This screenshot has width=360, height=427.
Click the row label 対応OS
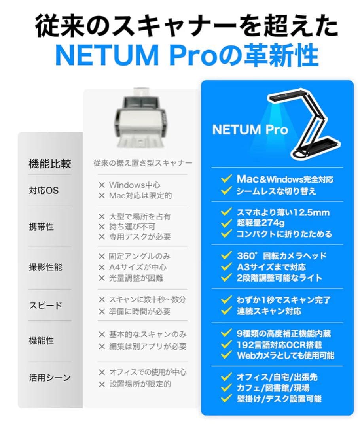[44, 190]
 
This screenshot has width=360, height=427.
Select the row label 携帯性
[41, 227]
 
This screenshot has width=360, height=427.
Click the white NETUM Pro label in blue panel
[250, 129]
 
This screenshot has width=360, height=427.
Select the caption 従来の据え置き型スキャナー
[143, 163]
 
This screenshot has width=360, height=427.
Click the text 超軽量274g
[260, 223]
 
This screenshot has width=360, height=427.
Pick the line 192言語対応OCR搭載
[279, 345]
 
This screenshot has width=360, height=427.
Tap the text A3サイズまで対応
[271, 267]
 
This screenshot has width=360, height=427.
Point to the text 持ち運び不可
[132, 227]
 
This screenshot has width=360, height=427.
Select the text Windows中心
[135, 185]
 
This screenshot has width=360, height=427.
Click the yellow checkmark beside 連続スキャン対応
[226, 311]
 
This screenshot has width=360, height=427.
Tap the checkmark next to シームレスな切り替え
[226, 191]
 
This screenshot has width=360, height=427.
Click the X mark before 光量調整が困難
[102, 278]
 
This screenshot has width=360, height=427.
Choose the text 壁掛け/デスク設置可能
[279, 399]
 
